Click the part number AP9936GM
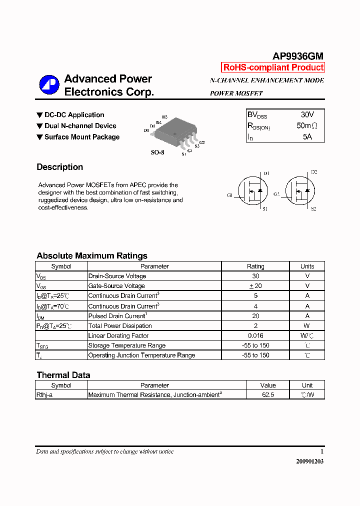coord(297,56)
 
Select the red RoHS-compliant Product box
coord(273,67)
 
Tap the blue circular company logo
coord(49,85)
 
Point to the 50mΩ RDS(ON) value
coord(306,126)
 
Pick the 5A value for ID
coord(307,136)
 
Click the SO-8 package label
coord(157,152)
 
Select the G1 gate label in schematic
coord(230,195)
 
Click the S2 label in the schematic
coord(313,208)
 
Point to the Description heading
coord(60,167)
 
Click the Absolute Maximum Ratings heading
coord(92,255)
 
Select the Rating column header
coord(255,266)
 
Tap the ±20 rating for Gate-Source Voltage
coord(255,286)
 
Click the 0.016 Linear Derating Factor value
coord(255,335)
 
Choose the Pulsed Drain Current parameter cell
coord(117,316)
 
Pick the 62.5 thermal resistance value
coord(268,394)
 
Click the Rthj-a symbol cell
coord(44,394)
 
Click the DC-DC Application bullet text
coord(74,115)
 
